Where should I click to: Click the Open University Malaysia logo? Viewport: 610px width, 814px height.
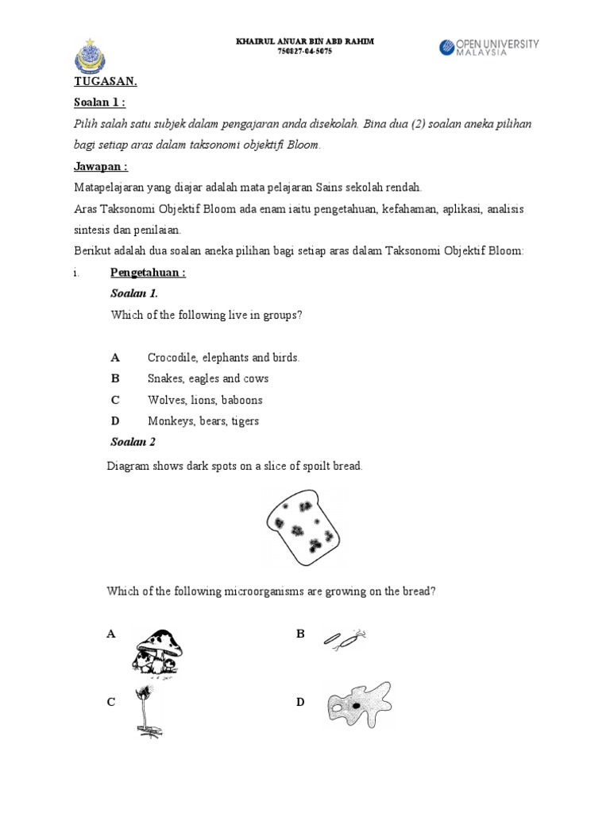(x=488, y=47)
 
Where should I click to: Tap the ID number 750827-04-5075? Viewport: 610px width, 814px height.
(x=305, y=51)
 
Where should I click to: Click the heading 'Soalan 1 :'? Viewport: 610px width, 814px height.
(x=99, y=103)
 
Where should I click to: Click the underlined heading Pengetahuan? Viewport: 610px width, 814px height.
(x=148, y=273)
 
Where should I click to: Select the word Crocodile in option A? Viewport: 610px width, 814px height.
(x=171, y=358)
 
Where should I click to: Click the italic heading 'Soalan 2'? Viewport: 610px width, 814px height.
(x=133, y=442)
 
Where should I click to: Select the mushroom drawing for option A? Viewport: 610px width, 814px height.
(x=157, y=653)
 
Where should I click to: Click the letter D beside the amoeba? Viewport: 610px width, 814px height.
(x=300, y=702)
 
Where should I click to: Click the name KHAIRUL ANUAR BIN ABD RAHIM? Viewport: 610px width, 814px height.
(x=305, y=41)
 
